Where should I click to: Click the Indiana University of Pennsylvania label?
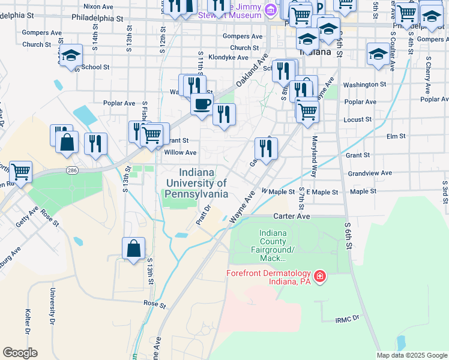click(196, 183)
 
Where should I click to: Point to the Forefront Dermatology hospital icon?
click(321, 276)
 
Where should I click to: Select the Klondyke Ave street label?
click(228, 58)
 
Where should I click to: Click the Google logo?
click(20, 353)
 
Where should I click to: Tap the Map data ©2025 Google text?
click(412, 355)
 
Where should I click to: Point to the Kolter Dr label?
click(28, 323)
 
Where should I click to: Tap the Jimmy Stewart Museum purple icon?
click(271, 10)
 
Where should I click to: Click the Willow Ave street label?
click(180, 152)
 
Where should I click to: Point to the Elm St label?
click(396, 137)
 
